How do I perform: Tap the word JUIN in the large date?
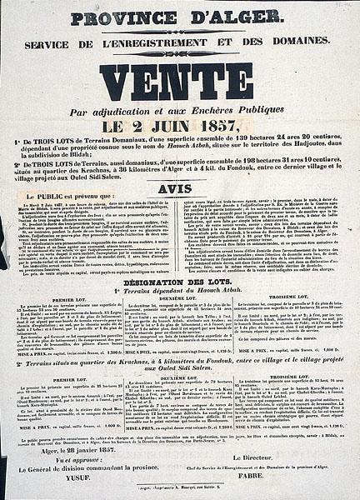(x=187, y=127)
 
